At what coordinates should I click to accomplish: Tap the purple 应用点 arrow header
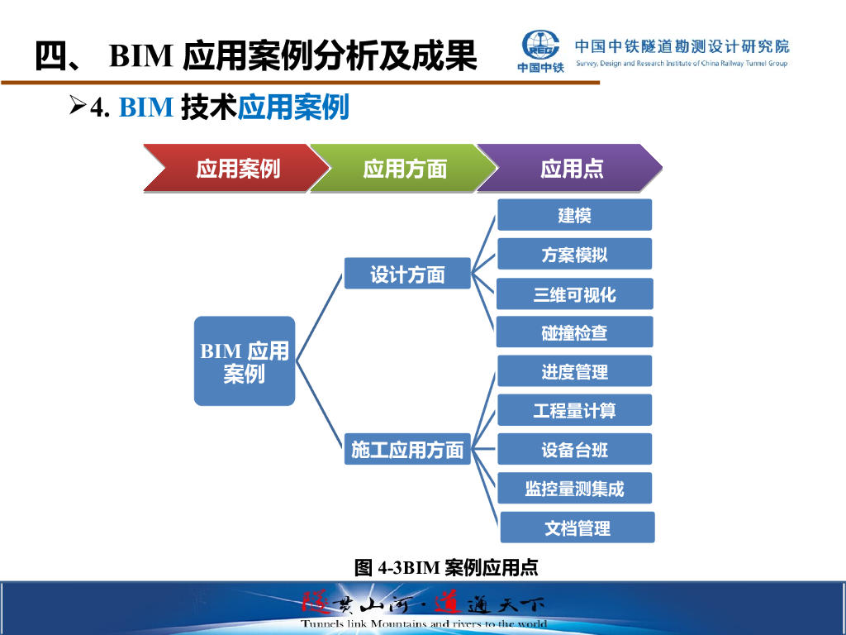(570, 169)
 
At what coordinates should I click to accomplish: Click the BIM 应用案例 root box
(245, 361)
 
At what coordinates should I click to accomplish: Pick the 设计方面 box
(407, 274)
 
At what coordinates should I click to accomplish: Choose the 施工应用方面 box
(407, 449)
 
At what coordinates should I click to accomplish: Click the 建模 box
(574, 215)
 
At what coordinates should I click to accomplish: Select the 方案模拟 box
(574, 255)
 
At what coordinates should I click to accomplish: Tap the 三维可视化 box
(574, 294)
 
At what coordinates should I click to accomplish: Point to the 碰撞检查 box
(574, 332)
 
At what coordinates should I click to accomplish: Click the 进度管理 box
(574, 371)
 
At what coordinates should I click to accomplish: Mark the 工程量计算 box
(574, 410)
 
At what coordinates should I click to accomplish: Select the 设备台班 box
(574, 449)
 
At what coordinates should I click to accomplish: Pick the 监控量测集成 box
(574, 488)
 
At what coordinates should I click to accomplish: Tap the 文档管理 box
(577, 528)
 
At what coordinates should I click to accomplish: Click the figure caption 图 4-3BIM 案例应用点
(446, 567)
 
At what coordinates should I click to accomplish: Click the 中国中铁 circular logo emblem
(542, 46)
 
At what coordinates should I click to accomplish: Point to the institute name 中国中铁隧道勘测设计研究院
(682, 46)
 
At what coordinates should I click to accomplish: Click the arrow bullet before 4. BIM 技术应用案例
(78, 105)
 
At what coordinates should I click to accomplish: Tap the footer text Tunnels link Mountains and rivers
(423, 623)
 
